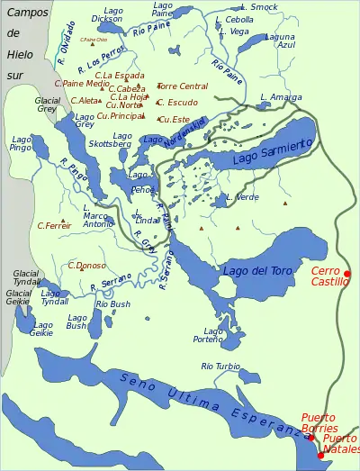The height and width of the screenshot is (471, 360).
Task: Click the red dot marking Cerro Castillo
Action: coord(347,274)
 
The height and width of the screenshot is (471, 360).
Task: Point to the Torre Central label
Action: coord(182,86)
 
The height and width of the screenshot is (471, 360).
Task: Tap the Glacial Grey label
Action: coord(47,104)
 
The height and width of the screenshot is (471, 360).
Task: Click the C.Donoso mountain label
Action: coord(86,266)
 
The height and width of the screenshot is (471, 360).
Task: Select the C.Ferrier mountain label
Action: coord(54,226)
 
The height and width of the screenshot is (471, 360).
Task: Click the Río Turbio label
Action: coord(220,367)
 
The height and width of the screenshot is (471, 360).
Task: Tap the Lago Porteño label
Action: coord(213,336)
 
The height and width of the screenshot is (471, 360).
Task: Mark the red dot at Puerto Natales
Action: coord(320,455)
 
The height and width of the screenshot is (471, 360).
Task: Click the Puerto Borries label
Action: coord(319,422)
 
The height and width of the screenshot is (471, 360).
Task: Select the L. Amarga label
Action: coord(281,96)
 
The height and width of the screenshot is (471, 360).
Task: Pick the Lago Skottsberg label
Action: coord(111,140)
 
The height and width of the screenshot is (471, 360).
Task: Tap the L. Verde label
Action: coord(243,196)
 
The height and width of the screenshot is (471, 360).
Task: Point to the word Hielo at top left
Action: coord(21,53)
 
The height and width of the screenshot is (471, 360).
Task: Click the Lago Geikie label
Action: coord(41,329)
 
